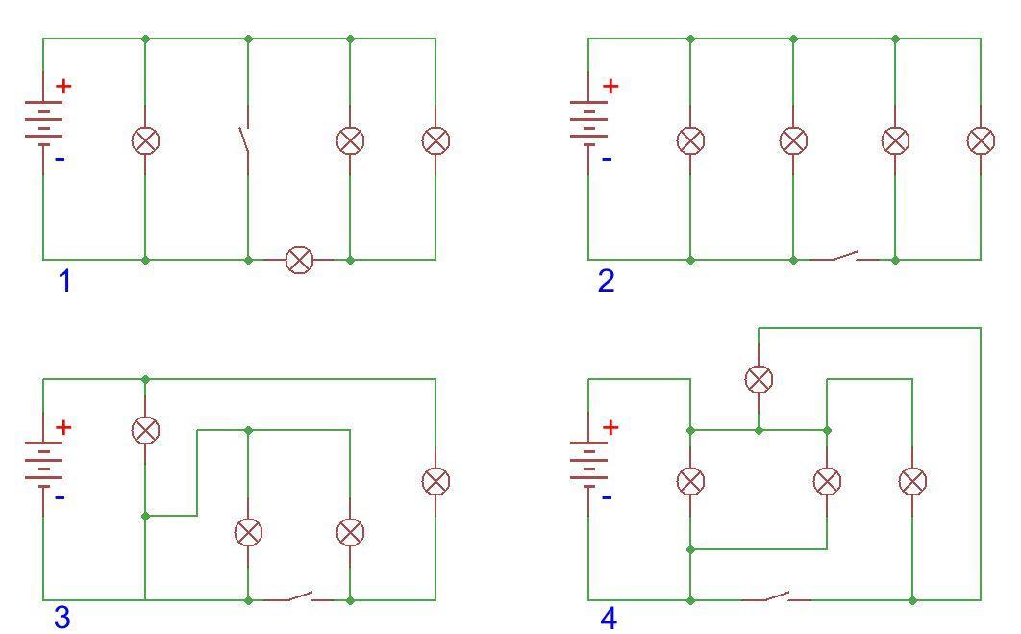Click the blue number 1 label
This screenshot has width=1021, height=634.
(x=64, y=281)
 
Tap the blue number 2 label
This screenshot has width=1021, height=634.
(x=606, y=281)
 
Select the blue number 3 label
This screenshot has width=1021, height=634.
(x=62, y=617)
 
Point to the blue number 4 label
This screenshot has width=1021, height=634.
(x=608, y=618)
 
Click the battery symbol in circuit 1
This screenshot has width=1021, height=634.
(x=43, y=121)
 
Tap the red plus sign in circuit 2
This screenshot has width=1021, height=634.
(x=610, y=86)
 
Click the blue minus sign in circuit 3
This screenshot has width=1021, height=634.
(x=60, y=498)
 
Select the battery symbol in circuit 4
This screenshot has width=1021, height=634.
(x=588, y=463)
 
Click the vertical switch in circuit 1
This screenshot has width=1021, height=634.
(x=246, y=140)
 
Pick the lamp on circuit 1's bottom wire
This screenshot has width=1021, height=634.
(x=300, y=260)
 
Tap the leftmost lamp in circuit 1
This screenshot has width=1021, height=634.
(x=145, y=140)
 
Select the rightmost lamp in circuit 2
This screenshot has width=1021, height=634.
(x=981, y=140)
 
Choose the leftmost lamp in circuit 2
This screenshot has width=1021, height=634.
(x=691, y=140)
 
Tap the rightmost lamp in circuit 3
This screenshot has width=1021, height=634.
(x=436, y=482)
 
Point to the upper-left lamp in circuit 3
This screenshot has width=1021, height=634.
(x=145, y=430)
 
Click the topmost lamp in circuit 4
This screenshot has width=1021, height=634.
(x=759, y=379)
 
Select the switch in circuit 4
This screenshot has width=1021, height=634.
(x=776, y=596)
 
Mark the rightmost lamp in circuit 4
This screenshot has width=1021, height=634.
(x=912, y=482)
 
